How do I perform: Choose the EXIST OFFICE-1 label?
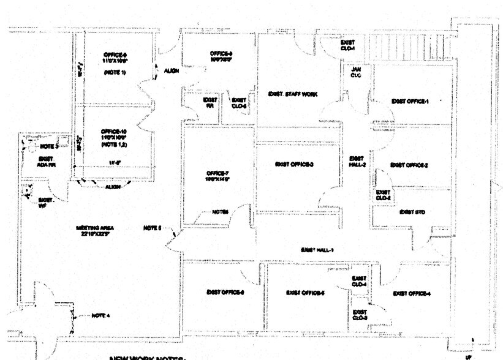click(410, 101)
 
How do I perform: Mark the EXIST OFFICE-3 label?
click(295, 165)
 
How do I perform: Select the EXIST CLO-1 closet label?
click(348, 45)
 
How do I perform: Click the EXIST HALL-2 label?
click(357, 161)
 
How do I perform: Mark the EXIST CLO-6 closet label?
click(239, 102)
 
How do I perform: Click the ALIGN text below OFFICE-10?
click(113, 187)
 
